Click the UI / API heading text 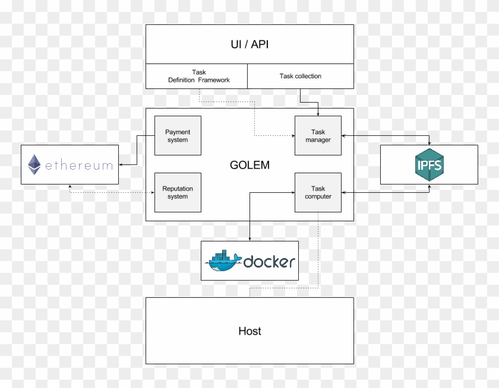tap(249, 44)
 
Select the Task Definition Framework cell tap(198, 76)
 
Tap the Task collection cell tap(300, 76)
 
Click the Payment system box tap(178, 136)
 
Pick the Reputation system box tap(178, 192)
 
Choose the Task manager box tap(318, 136)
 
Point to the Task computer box tap(318, 192)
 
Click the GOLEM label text tap(249, 166)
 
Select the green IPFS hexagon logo tap(429, 164)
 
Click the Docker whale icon tap(223, 262)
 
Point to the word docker tap(269, 262)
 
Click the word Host tap(249, 331)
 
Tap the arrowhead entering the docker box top tap(249, 238)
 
